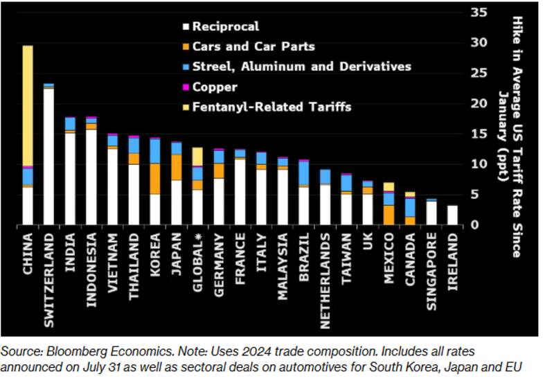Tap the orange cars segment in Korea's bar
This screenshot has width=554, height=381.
(x=155, y=179)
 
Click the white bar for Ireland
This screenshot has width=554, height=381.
(x=452, y=215)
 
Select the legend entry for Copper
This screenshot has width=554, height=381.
(x=215, y=87)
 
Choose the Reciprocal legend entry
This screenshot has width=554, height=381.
(x=226, y=27)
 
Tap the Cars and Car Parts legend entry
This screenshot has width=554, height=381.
(x=253, y=47)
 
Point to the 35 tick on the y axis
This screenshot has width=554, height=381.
(x=479, y=12)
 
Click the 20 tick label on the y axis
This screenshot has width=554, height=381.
(x=479, y=103)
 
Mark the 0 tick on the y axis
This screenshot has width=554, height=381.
(x=475, y=225)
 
